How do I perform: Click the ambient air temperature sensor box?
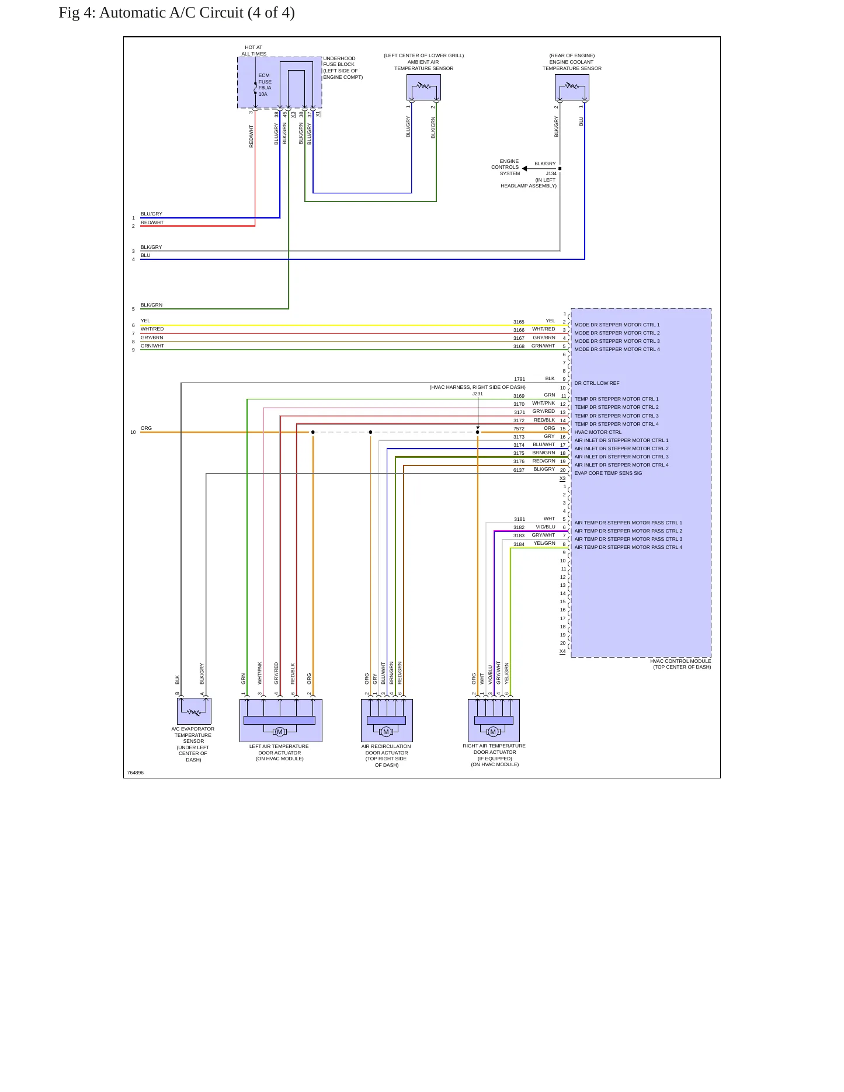(423, 88)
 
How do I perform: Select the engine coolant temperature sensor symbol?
(572, 88)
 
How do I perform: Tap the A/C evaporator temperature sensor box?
(194, 711)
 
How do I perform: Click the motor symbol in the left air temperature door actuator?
(280, 732)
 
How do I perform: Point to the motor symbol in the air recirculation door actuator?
(386, 732)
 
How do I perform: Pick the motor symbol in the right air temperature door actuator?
(493, 732)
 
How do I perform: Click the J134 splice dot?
(560, 169)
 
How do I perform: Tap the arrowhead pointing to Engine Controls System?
(525, 169)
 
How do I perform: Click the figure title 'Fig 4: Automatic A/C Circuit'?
(176, 13)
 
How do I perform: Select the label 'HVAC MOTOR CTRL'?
(598, 433)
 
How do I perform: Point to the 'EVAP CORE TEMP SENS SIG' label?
(608, 474)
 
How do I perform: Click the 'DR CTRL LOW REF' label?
(597, 384)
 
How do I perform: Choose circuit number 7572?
(519, 429)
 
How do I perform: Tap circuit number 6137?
(519, 470)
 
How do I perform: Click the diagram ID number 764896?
(136, 773)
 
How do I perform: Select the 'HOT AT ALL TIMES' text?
(254, 51)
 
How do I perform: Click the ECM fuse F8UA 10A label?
(265, 85)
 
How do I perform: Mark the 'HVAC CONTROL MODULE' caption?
(680, 661)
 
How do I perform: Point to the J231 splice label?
(478, 394)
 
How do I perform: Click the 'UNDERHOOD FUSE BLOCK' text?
(339, 61)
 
